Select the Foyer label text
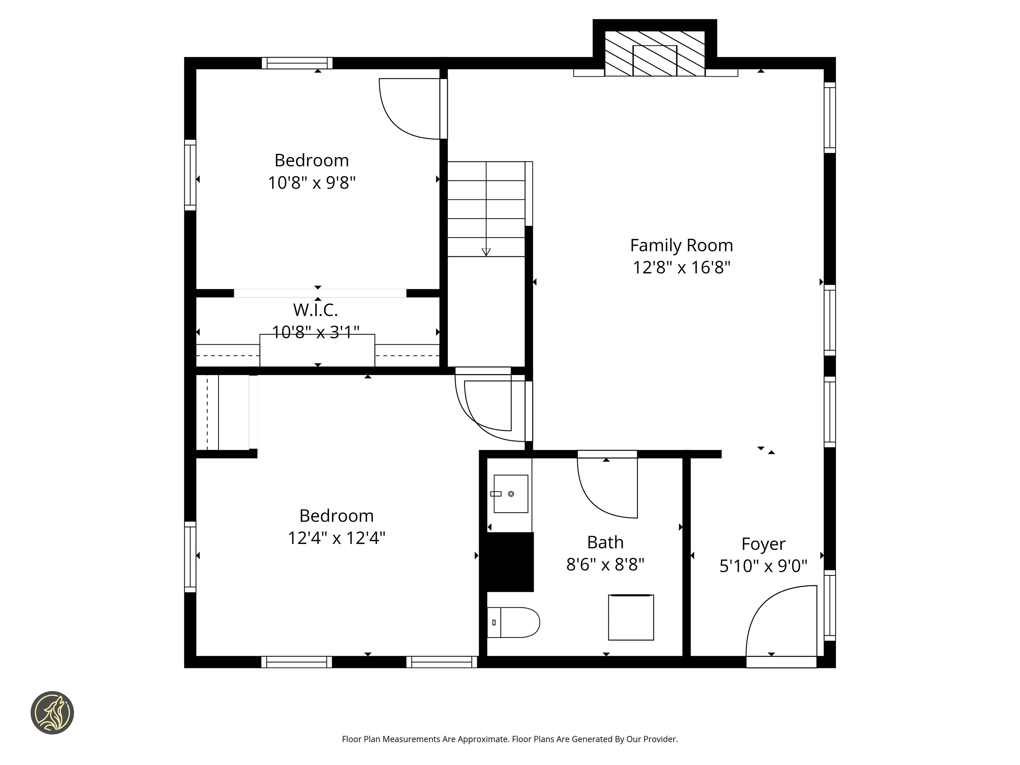(x=763, y=544)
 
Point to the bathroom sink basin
(x=510, y=494)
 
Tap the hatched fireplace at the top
(x=654, y=53)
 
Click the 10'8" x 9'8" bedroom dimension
(x=312, y=183)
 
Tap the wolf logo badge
(x=52, y=713)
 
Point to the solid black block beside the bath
(x=507, y=562)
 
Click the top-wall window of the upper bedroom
(x=297, y=63)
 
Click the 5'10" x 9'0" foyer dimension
(x=763, y=566)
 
